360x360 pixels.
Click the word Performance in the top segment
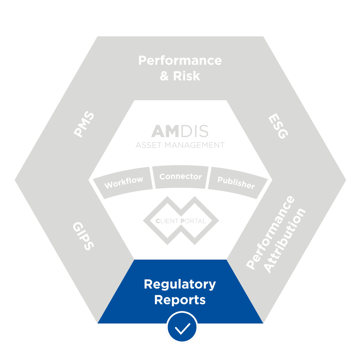coord(180,61)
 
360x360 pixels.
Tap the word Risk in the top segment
coord(187,76)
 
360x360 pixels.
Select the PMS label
coord(84,125)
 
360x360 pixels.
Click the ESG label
coord(277,127)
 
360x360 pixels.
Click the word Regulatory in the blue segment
coord(180,284)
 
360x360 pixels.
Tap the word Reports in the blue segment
coord(180,300)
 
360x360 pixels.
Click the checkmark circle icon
coord(182,327)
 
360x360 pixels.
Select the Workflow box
coord(124,182)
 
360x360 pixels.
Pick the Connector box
coord(180,176)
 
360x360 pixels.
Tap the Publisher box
coord(236,182)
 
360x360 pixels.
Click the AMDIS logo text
coord(180,131)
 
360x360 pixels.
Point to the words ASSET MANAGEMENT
coord(180,145)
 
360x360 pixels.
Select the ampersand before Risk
coord(165,76)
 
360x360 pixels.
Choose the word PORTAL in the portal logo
coord(193,221)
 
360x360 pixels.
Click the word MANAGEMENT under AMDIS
coord(197,145)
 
